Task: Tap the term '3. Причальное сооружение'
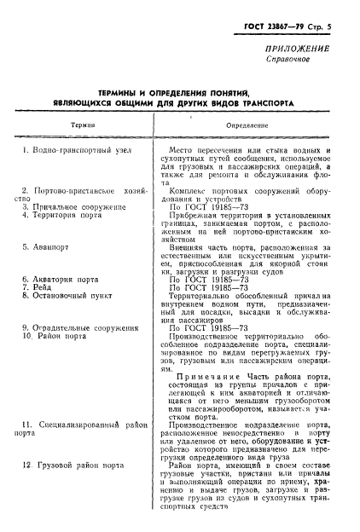(x=74, y=206)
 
